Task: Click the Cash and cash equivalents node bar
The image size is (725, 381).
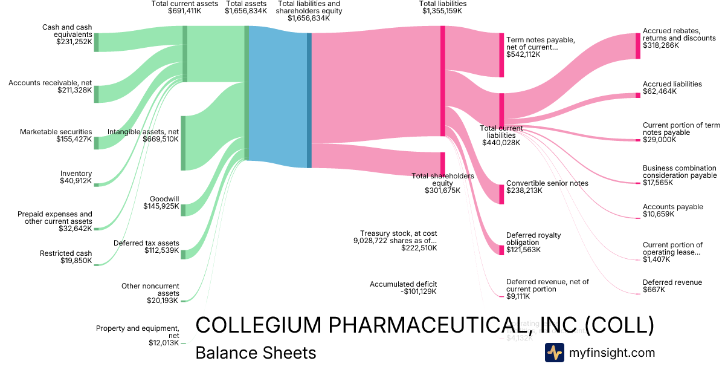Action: [x=96, y=42]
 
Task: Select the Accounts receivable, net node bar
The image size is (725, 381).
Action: [x=96, y=94]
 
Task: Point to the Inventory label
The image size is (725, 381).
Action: [x=76, y=174]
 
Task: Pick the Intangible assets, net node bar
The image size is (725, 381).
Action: [x=183, y=143]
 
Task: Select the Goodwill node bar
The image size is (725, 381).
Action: [x=183, y=210]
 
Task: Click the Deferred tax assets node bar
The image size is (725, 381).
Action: [x=183, y=253]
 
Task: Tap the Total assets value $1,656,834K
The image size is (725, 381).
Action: [x=246, y=11]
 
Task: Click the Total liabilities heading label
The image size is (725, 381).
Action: [x=443, y=4]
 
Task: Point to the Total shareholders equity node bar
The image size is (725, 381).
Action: [x=443, y=163]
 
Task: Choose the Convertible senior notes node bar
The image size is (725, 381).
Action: [x=501, y=194]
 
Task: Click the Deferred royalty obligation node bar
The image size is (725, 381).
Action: [x=501, y=250]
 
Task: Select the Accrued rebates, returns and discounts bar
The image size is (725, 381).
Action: [x=638, y=46]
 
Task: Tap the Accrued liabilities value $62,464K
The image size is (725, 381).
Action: [x=660, y=92]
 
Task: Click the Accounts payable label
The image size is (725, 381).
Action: [x=665, y=207]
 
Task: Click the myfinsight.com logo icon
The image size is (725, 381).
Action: [x=554, y=353]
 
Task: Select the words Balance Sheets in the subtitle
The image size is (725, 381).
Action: [x=256, y=353]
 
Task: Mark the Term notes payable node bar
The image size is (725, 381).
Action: [x=501, y=55]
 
